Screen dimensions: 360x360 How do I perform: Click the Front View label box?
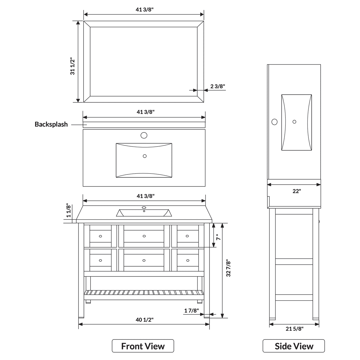click(143, 346)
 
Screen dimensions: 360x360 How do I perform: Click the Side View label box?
click(294, 346)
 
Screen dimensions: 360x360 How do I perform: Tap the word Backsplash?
click(51, 124)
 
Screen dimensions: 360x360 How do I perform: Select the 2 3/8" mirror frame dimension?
click(217, 86)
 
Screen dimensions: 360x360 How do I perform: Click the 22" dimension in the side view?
click(296, 191)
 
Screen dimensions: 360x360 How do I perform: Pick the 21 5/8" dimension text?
click(294, 329)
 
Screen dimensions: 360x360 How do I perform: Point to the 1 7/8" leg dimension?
click(192, 310)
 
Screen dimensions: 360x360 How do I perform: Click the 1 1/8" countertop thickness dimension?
click(69, 211)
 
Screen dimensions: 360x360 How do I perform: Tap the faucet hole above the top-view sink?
click(144, 135)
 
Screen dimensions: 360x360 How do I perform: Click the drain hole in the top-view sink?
click(145, 156)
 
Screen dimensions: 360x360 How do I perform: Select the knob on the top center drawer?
click(144, 236)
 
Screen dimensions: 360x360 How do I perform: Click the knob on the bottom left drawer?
click(100, 260)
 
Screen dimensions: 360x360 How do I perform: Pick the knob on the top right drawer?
click(187, 236)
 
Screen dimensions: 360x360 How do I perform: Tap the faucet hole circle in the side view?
click(274, 122)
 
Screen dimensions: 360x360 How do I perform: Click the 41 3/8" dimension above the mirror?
click(145, 9)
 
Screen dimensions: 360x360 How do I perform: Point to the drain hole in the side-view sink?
click(294, 121)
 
